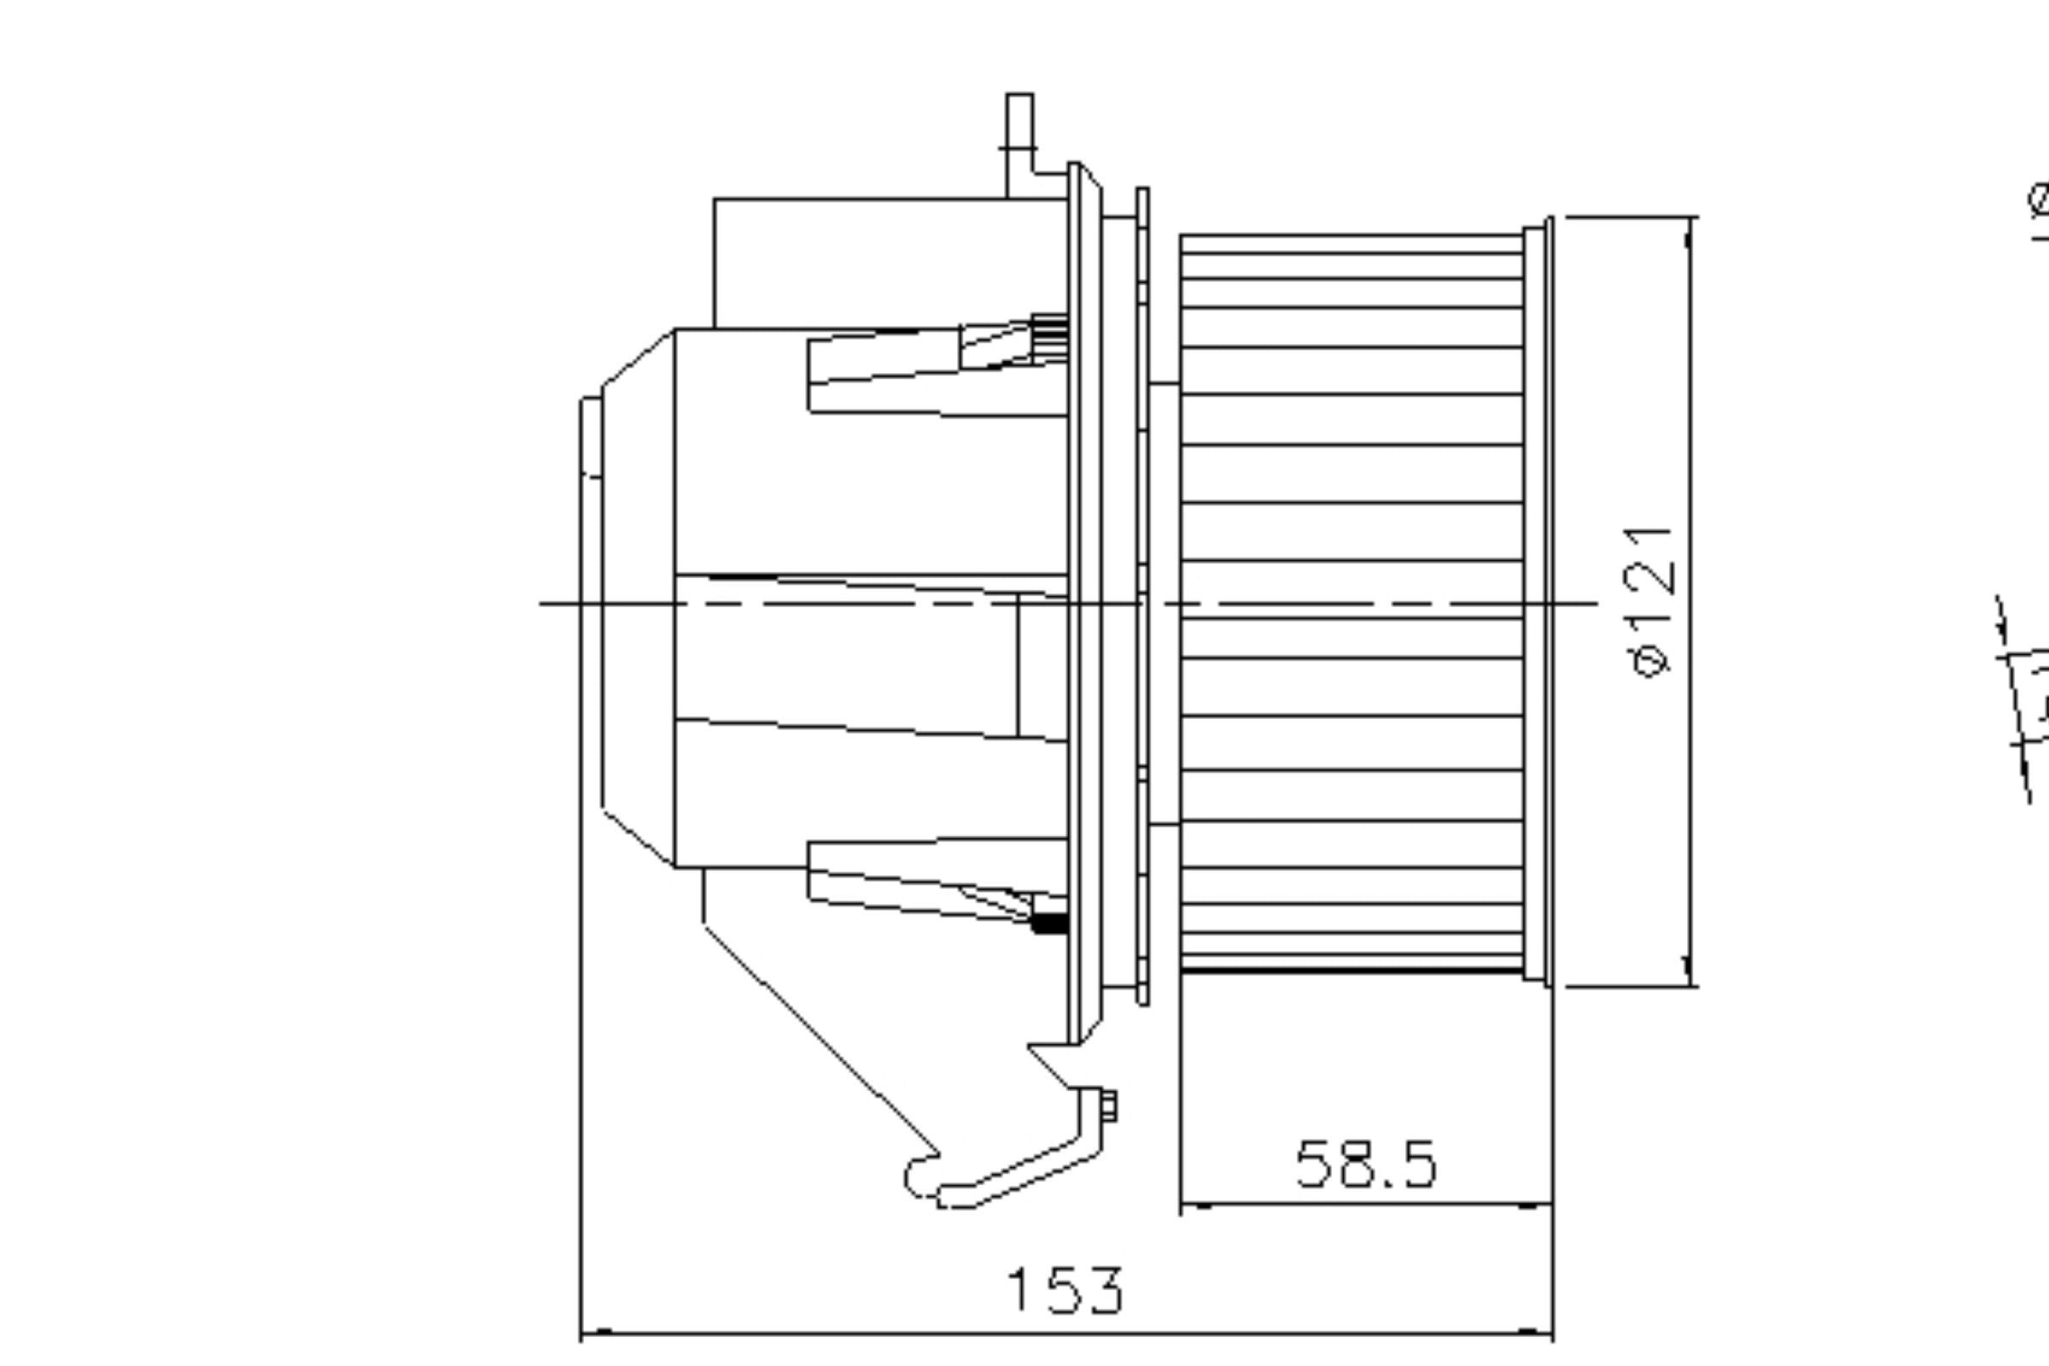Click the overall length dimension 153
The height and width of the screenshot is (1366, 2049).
point(1065,1290)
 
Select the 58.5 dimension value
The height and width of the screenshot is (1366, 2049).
point(1364,1164)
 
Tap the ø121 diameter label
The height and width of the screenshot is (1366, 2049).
point(1650,601)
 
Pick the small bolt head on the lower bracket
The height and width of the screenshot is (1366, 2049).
point(1109,1106)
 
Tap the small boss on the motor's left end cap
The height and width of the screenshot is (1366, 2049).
point(592,437)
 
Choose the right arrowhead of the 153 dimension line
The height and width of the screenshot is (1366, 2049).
point(1537,1331)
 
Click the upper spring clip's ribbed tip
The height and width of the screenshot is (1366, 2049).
point(1051,336)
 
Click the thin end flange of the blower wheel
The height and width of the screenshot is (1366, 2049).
point(1548,601)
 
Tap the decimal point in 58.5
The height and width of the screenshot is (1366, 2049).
point(1390,1183)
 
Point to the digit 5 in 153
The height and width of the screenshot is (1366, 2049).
point(1064,1290)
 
